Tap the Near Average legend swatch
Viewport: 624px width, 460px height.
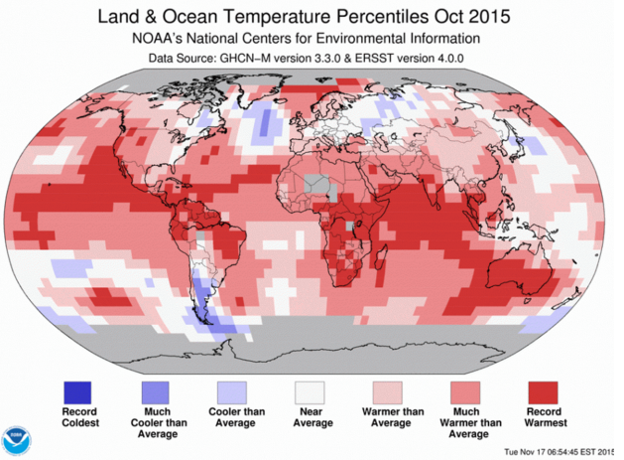tap(312, 391)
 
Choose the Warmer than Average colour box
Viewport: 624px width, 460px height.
tap(391, 391)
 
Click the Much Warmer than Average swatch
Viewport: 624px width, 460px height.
tap(468, 391)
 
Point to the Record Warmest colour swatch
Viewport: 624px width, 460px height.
tap(547, 391)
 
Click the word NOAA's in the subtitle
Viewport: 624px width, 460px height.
tap(160, 39)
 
